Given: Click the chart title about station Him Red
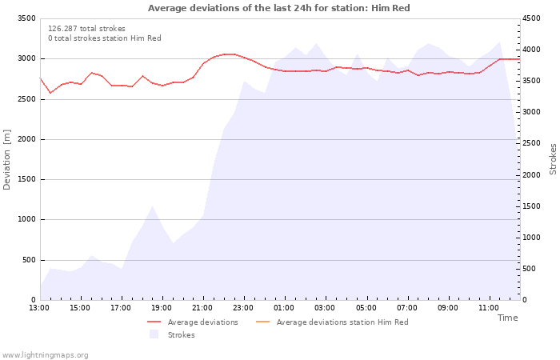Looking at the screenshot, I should point(279,8).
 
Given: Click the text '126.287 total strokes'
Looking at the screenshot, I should point(86,29).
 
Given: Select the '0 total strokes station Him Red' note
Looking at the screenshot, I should point(104,38).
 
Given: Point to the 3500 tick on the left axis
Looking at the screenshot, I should point(26,18).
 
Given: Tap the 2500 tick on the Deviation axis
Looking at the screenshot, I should point(26,99).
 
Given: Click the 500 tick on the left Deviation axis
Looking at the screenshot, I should point(28,260).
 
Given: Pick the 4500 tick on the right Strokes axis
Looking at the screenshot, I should point(534,18).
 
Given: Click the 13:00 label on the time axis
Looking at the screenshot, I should point(39,308).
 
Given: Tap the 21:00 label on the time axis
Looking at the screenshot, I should point(202,308).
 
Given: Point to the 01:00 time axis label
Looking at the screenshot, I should point(284,308).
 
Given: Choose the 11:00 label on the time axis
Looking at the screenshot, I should point(488,308).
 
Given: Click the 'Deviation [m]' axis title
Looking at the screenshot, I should point(7,159).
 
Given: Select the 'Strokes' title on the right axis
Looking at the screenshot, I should point(553,158).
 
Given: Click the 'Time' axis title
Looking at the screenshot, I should point(507,318).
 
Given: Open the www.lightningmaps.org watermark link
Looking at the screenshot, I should point(45,355).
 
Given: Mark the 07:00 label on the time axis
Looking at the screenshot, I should point(406,308).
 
